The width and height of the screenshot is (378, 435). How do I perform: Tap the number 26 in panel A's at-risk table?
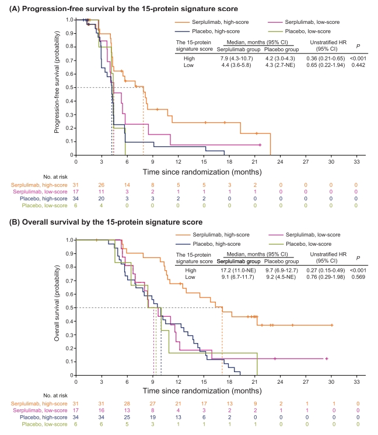click(x=101, y=185)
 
